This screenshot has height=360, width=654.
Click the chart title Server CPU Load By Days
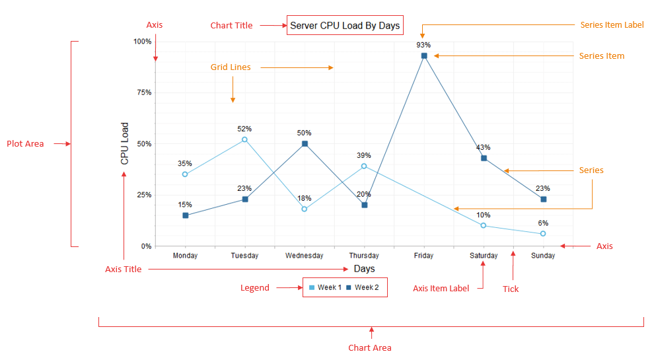345,26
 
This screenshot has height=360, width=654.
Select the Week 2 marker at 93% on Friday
424,56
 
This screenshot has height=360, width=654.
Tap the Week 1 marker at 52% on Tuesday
244,139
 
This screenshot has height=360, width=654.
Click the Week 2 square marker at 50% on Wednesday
305,143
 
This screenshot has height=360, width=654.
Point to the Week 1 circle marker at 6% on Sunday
543,234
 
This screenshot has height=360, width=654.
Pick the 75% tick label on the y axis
143,92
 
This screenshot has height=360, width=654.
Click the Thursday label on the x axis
364,256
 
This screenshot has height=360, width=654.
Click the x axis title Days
364,269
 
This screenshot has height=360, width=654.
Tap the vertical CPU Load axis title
125,143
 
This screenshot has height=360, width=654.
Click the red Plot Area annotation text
25,143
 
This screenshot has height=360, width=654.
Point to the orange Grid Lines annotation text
231,67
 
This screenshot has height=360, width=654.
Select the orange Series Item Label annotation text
612,25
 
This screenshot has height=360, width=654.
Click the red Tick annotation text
511,289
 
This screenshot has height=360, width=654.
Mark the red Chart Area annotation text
369,347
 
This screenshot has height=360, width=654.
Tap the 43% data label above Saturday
484,147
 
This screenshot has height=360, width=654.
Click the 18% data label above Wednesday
305,198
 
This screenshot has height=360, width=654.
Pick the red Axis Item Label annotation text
441,288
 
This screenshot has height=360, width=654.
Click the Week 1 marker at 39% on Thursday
364,166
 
